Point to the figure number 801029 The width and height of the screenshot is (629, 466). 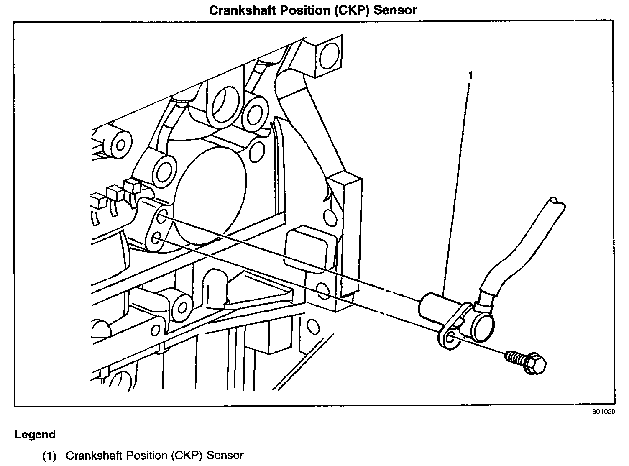(603, 412)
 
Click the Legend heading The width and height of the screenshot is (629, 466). (35, 435)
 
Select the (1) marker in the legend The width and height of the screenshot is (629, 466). (49, 455)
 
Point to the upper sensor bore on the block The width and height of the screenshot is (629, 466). (162, 217)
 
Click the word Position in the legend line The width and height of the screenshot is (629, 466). (146, 455)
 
